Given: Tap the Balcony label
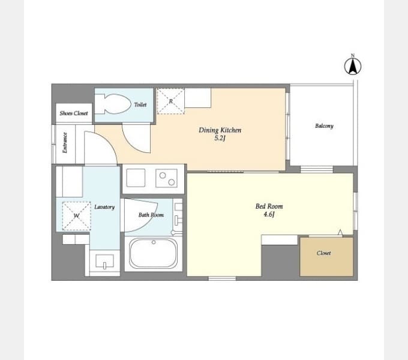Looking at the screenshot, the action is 324,126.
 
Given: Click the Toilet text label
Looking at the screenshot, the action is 140,104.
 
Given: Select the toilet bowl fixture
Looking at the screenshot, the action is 113,104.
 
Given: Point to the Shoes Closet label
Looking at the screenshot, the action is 74,113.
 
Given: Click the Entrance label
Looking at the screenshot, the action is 65,143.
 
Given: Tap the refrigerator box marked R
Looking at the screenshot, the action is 170,101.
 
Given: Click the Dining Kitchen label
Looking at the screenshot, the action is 220,130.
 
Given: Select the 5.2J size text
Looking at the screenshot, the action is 220,138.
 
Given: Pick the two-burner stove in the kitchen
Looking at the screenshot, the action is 167,178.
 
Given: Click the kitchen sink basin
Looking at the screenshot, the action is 136,178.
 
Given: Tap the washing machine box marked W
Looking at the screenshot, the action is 77,216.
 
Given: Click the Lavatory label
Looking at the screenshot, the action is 104,207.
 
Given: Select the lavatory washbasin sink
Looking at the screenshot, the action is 104,261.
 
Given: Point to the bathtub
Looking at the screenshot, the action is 154,253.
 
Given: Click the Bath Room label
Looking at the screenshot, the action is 151,215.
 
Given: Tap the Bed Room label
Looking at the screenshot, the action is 269,206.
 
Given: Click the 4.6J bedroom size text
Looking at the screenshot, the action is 269,214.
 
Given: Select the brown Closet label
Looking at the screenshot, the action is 323,253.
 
